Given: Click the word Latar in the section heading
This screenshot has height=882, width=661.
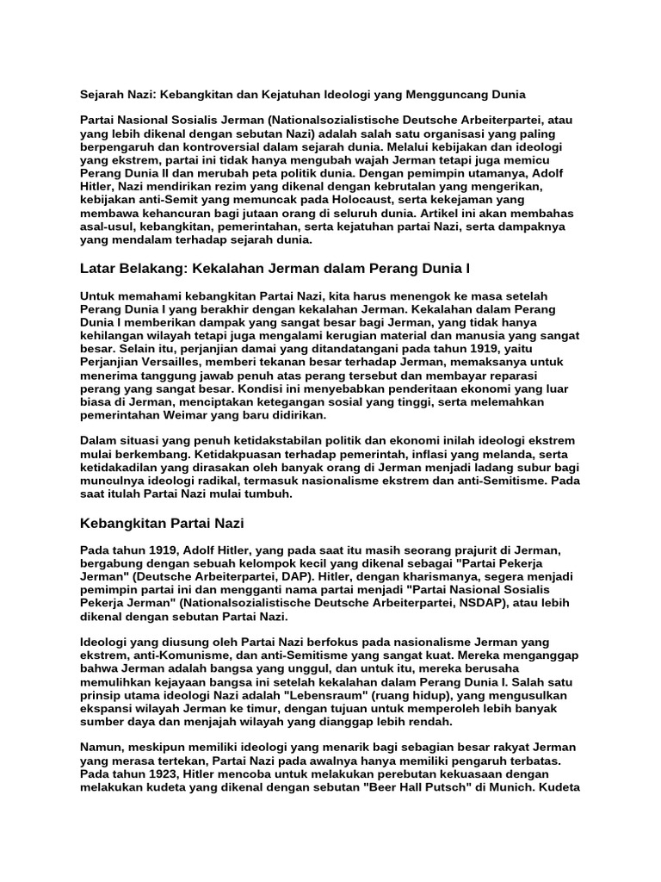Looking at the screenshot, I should pyautogui.click(x=98, y=270).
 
